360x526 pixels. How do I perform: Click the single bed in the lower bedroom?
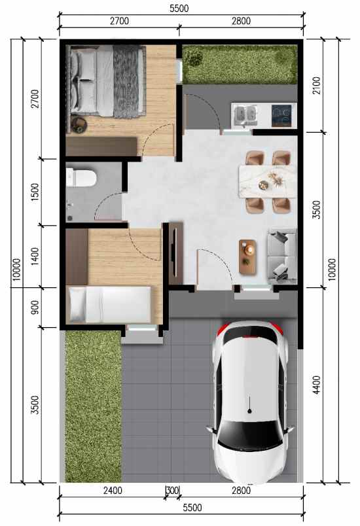coord(109,304)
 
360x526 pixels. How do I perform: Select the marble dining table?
coord(268,181)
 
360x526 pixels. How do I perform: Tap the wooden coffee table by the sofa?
coord(248,256)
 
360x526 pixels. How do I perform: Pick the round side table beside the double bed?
coord(79,122)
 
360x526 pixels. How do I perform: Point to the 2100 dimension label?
coord(317,85)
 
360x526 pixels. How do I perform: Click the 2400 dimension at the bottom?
coord(112,491)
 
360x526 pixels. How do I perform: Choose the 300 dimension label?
coord(173,491)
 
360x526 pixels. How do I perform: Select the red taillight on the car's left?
coord(223,329)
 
